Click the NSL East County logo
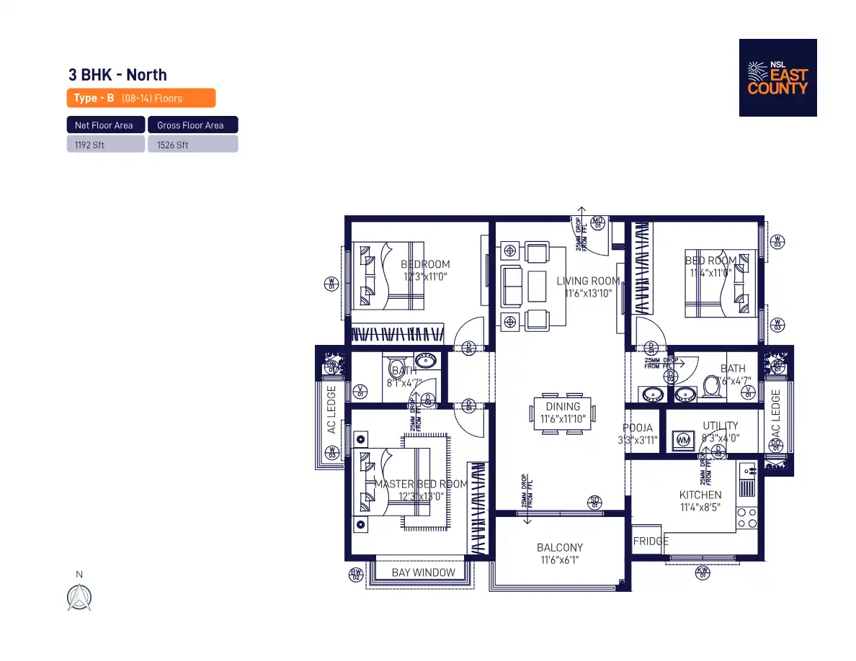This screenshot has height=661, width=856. tap(777, 78)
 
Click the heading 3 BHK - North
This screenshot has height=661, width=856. tap(117, 75)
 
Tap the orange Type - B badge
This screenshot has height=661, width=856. tap(141, 98)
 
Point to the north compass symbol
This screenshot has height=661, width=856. tap(79, 597)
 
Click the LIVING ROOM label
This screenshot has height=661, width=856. tap(588, 281)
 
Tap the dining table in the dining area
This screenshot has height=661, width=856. tap(563, 413)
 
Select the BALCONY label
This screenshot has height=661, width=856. tap(560, 548)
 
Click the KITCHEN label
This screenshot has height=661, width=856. tap(700, 495)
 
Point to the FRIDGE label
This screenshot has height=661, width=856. tap(651, 541)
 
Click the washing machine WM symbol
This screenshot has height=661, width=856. tap(682, 440)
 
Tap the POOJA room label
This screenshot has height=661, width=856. tap(638, 428)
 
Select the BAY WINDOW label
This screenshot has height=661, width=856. tap(424, 573)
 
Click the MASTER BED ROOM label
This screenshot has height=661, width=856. tap(421, 485)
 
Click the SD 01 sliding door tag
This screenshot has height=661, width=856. tap(595, 502)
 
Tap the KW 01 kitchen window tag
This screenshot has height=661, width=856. tap(703, 573)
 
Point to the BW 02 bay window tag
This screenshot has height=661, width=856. tap(356, 574)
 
